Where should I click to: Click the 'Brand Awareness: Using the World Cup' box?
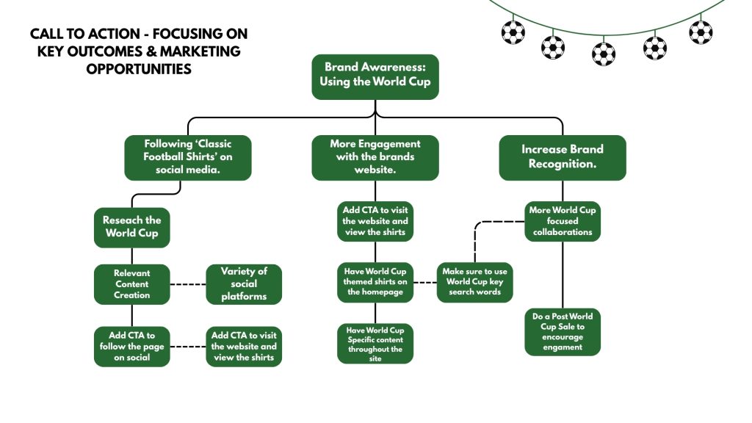(x=375, y=76)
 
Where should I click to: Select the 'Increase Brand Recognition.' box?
(x=562, y=157)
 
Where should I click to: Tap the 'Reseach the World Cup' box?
(x=132, y=228)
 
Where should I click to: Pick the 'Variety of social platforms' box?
(x=244, y=284)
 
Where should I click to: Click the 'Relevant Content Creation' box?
(x=132, y=284)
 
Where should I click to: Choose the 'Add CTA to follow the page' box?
(x=132, y=347)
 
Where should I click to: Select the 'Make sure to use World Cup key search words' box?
(x=474, y=282)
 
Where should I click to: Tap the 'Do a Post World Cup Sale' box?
(x=562, y=332)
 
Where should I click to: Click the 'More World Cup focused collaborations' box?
(x=562, y=221)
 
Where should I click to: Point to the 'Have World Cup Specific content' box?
(x=375, y=344)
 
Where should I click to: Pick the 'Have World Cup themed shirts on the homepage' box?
(x=375, y=282)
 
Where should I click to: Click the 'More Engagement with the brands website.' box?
(x=375, y=157)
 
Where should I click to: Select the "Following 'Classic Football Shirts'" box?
(x=187, y=157)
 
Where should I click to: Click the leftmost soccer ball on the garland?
(x=513, y=33)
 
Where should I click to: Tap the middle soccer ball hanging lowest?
(x=604, y=54)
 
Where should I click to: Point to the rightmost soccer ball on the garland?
(x=701, y=32)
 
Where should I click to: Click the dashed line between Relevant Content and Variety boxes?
(x=188, y=284)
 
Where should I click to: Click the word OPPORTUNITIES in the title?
(x=139, y=69)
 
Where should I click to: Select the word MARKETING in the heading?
(x=200, y=51)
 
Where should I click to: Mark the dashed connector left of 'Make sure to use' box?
(x=425, y=283)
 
